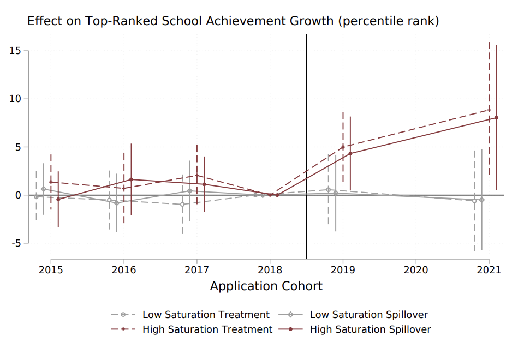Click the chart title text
click(233, 21)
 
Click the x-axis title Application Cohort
click(266, 286)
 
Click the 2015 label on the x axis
click(51, 269)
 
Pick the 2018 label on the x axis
click(270, 269)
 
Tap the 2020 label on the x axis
click(415, 269)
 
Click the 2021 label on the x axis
click(489, 269)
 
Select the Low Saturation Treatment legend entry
click(206, 315)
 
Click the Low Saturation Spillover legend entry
click(368, 315)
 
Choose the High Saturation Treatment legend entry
click(207, 329)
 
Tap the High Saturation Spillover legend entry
click(370, 329)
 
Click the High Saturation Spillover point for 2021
click(496, 118)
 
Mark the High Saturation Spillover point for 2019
click(350, 153)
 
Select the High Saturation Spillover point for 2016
click(131, 179)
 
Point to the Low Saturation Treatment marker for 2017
click(182, 204)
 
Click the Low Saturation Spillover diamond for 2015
click(44, 189)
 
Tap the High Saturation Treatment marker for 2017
click(197, 176)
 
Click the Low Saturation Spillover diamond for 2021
click(481, 200)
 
